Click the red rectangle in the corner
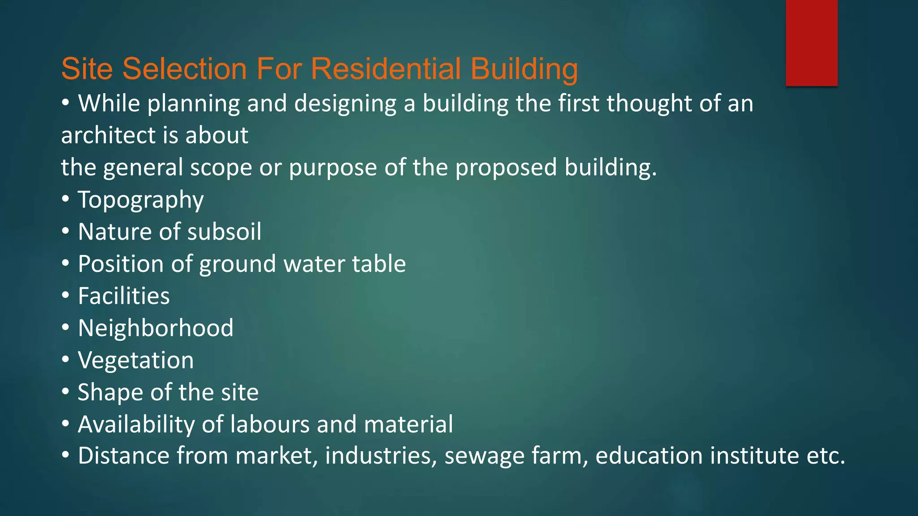(811, 43)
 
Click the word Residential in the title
(385, 69)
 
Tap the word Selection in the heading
(184, 69)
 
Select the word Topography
(141, 200)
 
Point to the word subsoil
(224, 232)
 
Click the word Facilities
(124, 296)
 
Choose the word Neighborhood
(156, 328)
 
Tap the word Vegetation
(136, 360)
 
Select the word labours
(269, 424)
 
